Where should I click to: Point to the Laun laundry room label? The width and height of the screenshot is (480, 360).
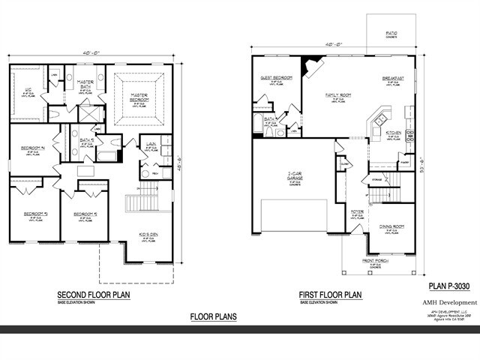[151, 145]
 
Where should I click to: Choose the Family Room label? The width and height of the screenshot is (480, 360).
[340, 94]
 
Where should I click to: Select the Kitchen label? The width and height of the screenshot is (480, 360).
[394, 132]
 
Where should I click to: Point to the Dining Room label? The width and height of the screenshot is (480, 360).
[392, 226]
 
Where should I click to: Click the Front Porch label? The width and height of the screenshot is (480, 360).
[375, 261]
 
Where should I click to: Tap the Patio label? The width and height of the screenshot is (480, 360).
[391, 33]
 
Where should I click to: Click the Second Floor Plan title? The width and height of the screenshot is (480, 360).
[94, 295]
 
